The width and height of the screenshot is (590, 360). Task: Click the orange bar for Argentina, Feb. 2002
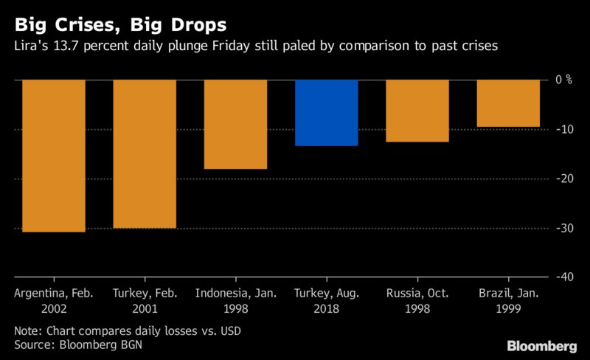54,156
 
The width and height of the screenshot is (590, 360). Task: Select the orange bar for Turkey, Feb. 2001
145,153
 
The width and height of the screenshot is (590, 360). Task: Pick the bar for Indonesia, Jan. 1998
235,124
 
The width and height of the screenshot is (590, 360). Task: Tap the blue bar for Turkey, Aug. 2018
327,112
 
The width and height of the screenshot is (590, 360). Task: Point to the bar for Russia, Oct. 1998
417,110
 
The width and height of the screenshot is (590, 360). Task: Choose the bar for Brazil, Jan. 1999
508,103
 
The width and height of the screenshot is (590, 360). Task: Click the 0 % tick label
563,80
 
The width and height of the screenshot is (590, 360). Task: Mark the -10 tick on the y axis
564,129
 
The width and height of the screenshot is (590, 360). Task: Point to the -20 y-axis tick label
564,179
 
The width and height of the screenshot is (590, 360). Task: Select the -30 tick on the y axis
564,228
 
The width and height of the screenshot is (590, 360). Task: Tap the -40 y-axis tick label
564,277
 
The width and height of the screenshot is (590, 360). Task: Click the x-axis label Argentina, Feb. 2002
54,300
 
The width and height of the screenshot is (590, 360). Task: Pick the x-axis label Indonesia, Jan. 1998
235,300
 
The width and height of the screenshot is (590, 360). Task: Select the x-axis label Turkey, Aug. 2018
327,300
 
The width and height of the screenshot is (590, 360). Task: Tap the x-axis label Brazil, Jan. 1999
508,300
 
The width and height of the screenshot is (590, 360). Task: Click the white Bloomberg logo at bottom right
541,345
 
